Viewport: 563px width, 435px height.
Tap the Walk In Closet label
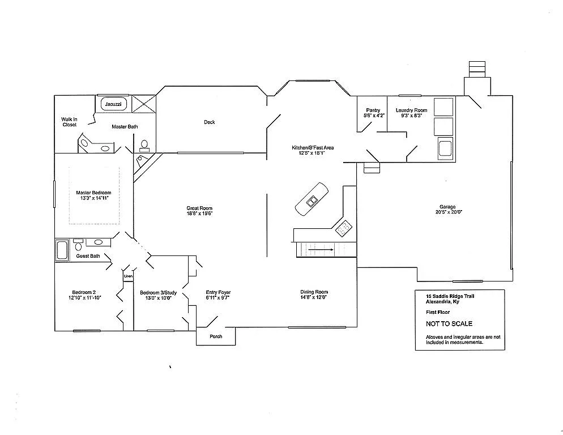click(69, 122)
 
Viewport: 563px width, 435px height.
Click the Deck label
click(210, 122)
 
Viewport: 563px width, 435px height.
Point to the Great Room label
click(199, 208)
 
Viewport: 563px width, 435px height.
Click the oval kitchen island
click(312, 198)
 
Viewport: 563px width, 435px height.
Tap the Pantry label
click(373, 110)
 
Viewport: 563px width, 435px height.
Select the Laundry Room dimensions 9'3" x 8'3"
click(411, 116)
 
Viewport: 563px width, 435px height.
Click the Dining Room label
click(314, 292)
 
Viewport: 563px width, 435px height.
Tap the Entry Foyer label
click(218, 293)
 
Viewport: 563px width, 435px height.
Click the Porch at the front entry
click(216, 336)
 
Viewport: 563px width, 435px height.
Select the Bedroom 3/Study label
click(159, 293)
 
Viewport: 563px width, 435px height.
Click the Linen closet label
click(128, 276)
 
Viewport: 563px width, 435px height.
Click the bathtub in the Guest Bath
click(62, 250)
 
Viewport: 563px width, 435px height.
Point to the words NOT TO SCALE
click(449, 324)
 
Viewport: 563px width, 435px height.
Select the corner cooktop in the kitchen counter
click(343, 228)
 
